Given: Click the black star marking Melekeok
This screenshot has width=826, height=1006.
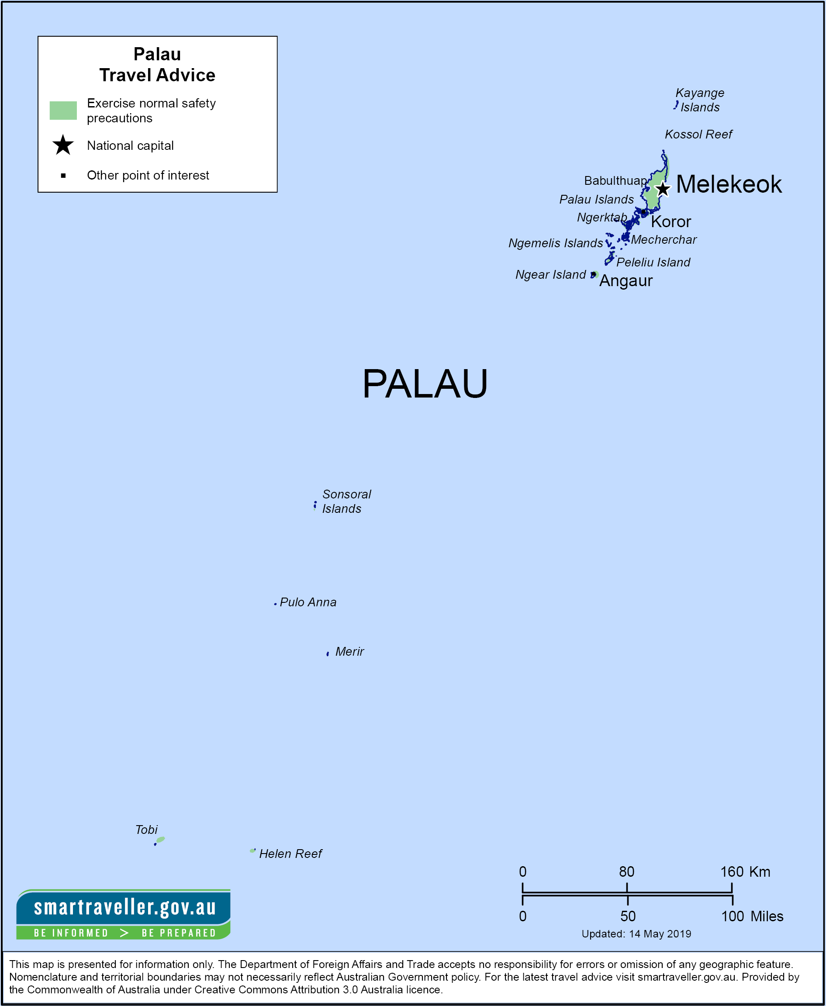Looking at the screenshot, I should (663, 189).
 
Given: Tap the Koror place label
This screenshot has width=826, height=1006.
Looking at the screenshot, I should (670, 222).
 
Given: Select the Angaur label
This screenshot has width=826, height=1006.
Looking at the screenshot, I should (626, 281).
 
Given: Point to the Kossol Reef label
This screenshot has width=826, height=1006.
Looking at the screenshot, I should (698, 135).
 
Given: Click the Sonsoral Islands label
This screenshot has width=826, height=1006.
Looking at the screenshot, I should (346, 501).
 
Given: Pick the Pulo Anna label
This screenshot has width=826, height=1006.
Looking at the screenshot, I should (308, 602).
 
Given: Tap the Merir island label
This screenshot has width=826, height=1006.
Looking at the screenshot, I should (349, 652).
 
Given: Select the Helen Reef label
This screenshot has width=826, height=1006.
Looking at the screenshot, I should (290, 854).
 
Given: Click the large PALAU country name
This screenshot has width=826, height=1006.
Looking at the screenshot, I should (425, 384).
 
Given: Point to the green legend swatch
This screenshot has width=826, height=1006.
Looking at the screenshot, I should (63, 111).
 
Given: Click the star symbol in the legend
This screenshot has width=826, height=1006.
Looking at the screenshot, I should (63, 145).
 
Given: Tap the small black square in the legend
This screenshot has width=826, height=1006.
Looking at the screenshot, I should (63, 176).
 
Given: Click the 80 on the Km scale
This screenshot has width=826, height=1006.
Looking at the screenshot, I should (627, 872).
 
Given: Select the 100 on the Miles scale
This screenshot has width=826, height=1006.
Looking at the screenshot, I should (732, 916).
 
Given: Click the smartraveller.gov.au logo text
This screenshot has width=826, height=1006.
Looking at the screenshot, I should (124, 907).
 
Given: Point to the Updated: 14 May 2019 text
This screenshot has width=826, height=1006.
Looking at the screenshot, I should (636, 934).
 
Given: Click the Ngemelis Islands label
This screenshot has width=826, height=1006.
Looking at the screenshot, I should (555, 243).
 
